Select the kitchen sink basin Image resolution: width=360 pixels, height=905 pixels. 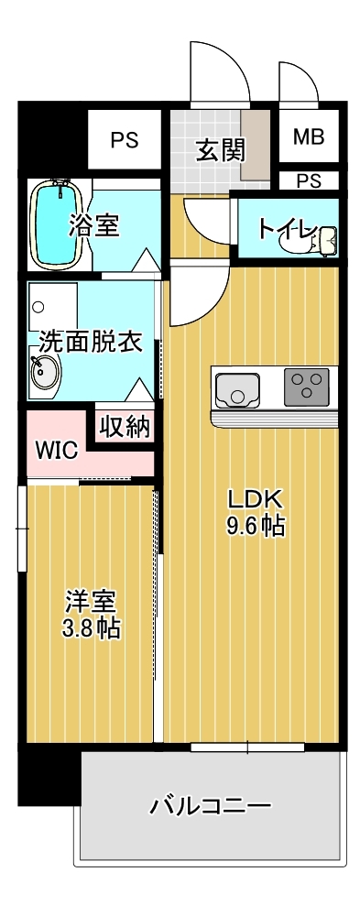click(x=239, y=389)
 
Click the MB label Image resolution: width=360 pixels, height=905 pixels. click(x=308, y=138)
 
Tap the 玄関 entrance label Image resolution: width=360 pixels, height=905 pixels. click(x=221, y=148)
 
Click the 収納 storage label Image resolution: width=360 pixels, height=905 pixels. click(x=125, y=427)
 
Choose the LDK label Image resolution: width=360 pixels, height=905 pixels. click(x=257, y=499)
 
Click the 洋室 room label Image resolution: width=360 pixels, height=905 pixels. click(x=91, y=603)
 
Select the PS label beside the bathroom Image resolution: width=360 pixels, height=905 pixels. click(x=125, y=140)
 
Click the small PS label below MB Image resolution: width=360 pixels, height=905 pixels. click(x=309, y=180)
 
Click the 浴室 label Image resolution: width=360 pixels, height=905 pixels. click(x=93, y=224)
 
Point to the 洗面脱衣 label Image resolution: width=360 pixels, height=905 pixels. click(x=90, y=341)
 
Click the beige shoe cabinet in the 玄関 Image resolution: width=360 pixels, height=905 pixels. click(x=256, y=143)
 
